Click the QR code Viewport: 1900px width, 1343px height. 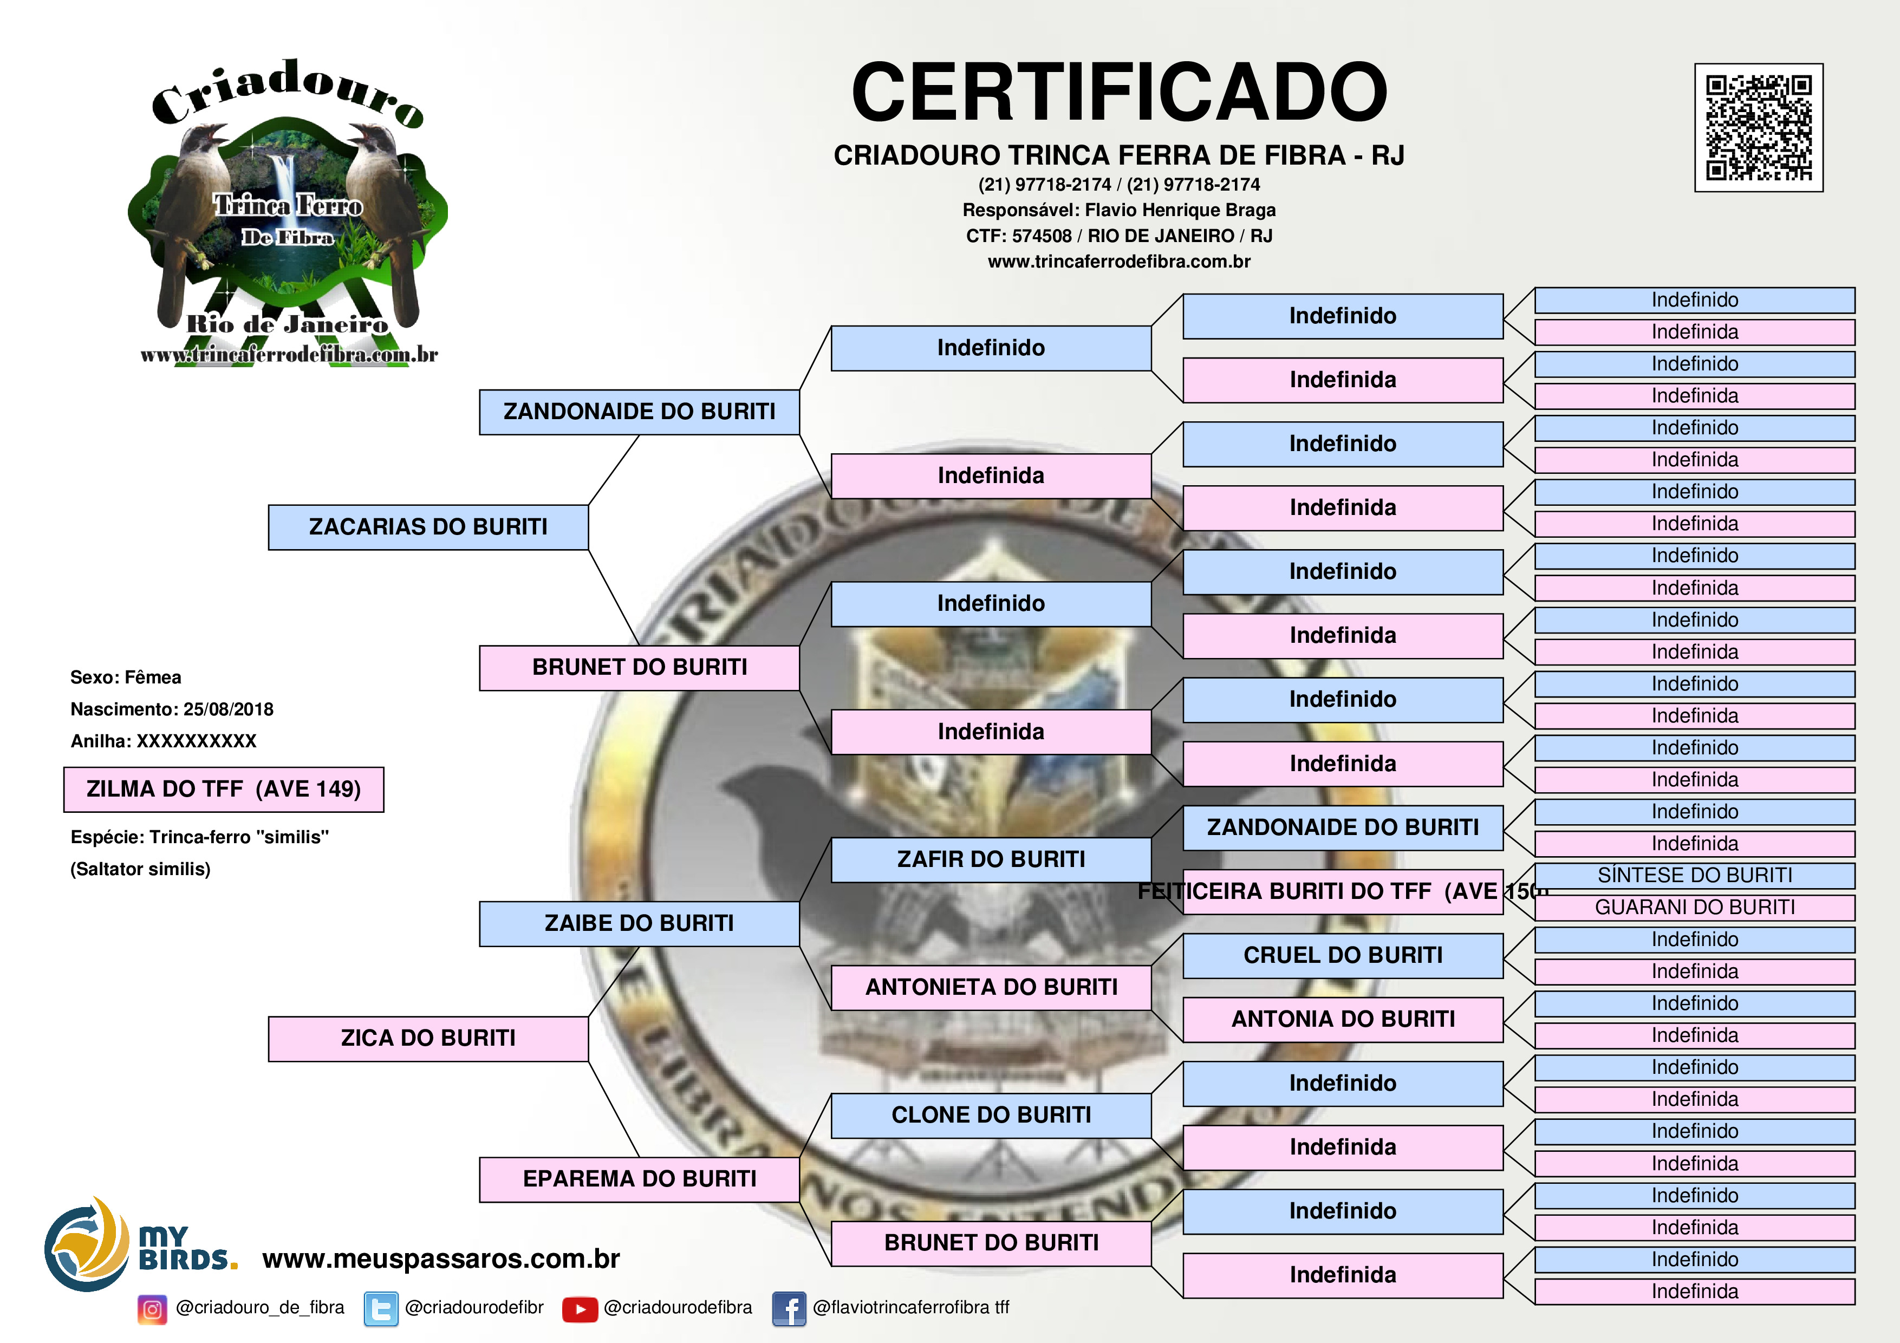1759,127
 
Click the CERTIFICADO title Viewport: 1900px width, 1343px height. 1119,92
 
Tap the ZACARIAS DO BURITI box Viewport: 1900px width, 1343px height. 428,527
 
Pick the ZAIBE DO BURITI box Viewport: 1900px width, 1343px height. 639,923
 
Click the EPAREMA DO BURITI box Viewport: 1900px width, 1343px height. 639,1179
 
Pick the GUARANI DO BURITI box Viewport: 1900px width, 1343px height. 1694,908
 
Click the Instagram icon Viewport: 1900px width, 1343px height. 152,1309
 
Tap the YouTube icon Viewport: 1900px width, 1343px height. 580,1309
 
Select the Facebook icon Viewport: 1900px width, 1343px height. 789,1309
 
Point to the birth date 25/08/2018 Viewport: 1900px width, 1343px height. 229,709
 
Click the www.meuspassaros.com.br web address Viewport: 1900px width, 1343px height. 441,1259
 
